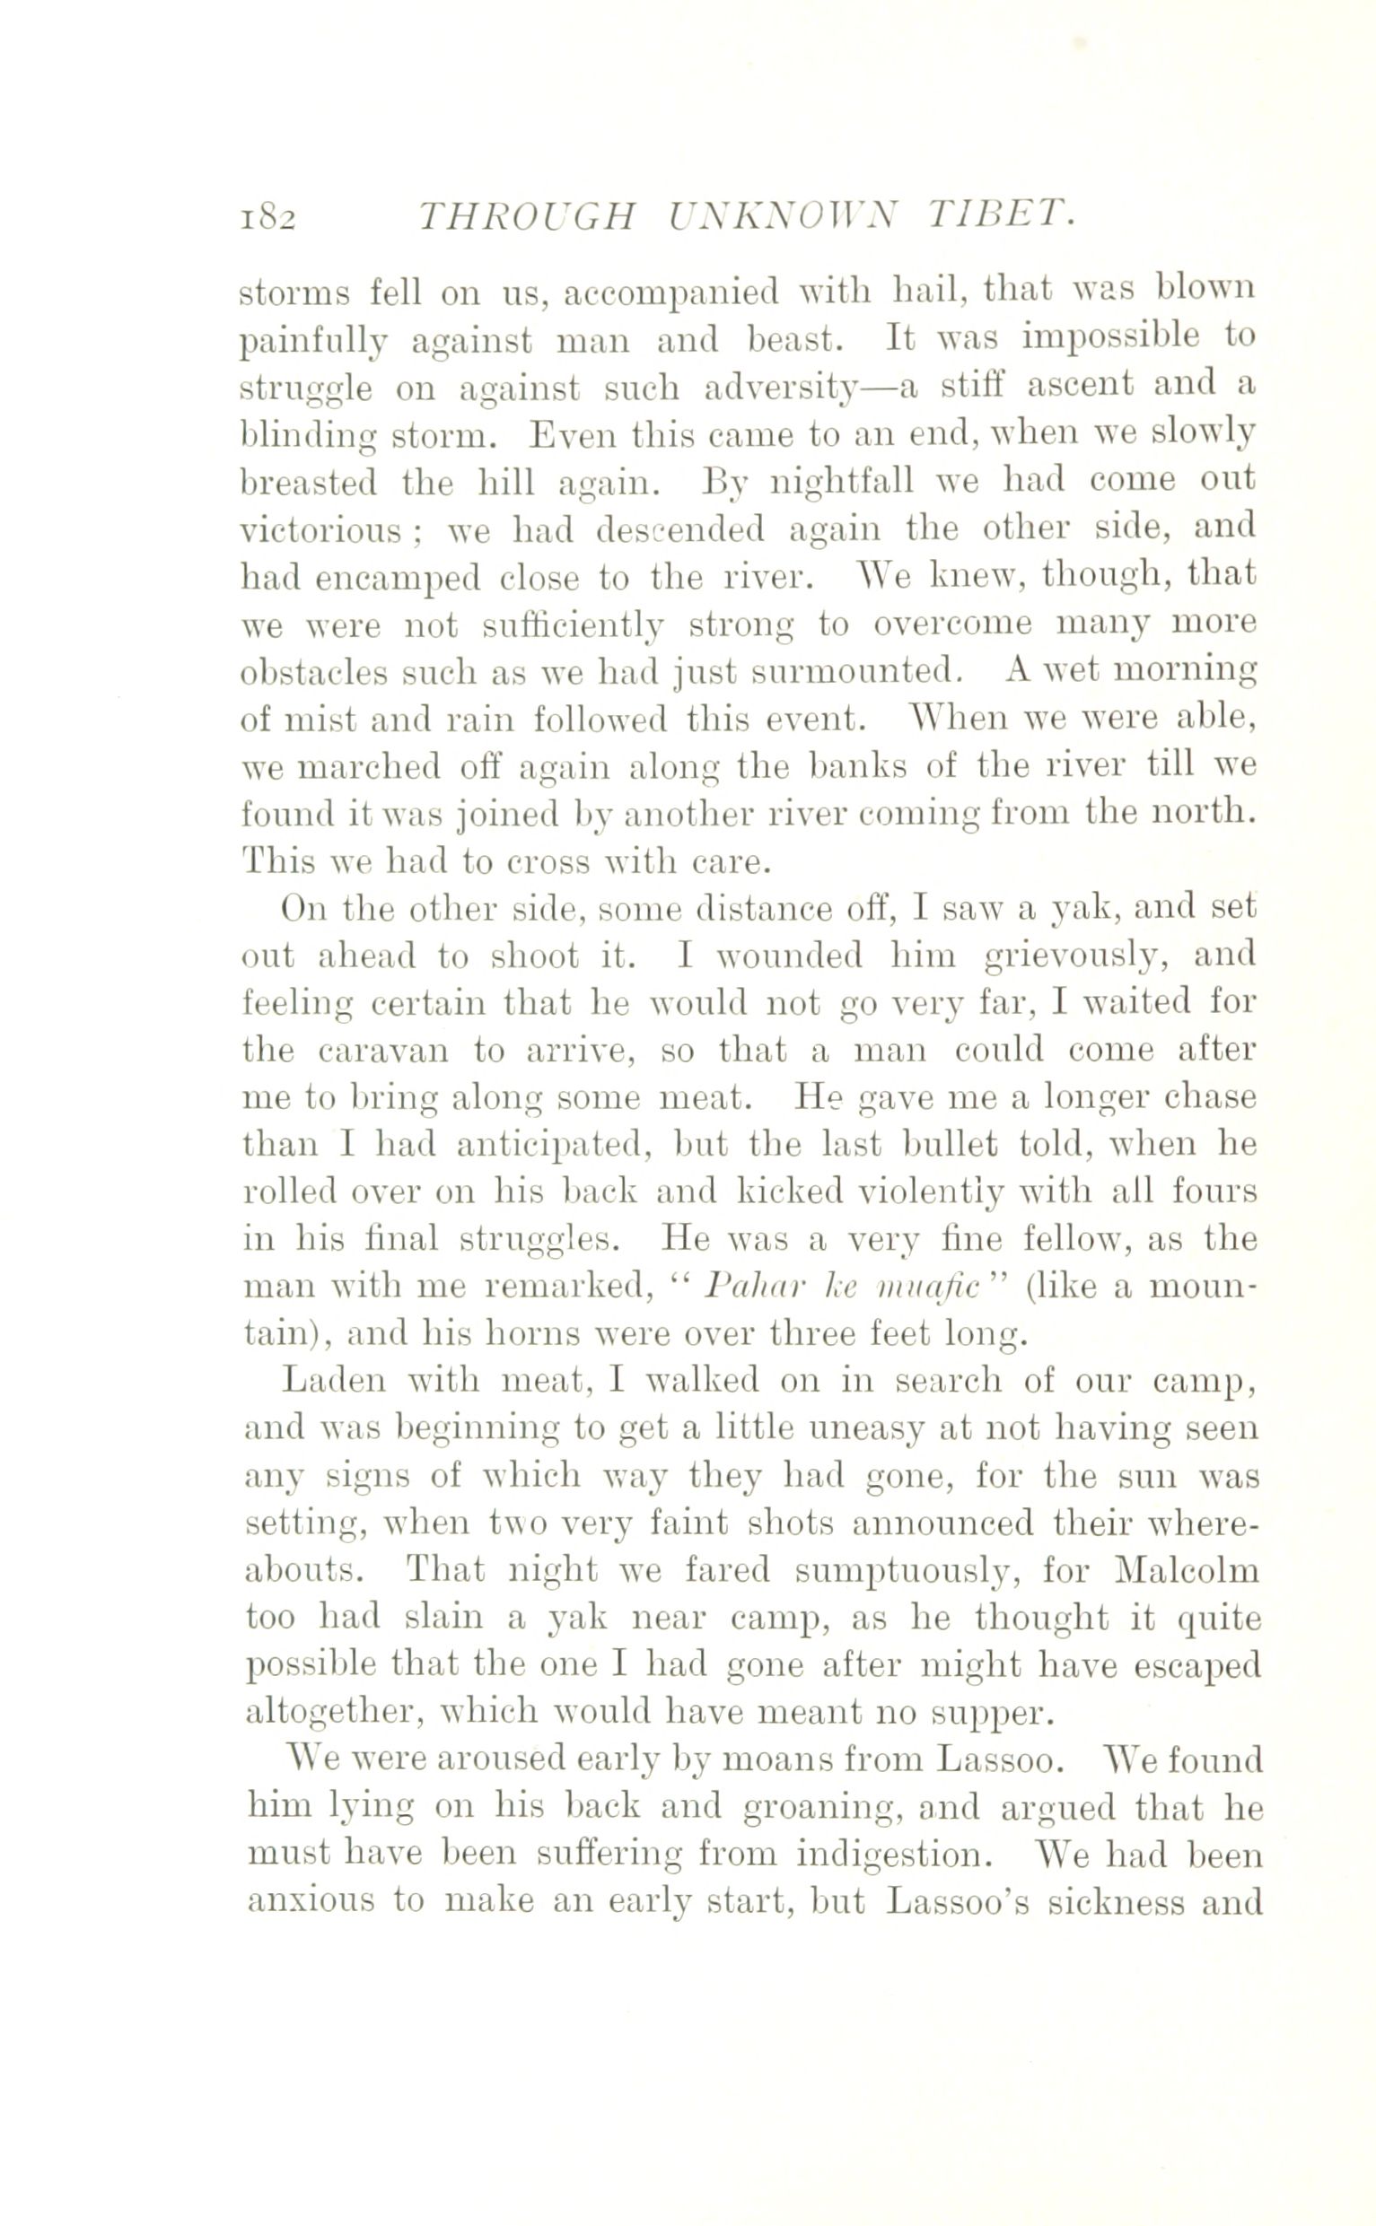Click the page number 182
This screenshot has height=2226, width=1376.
268,219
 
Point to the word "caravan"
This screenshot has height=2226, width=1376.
383,1051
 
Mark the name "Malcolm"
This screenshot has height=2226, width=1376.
1187,1571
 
